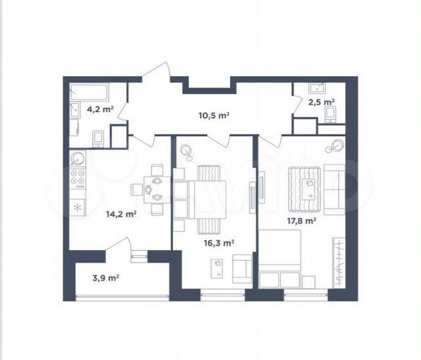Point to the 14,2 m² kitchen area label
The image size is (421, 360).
pos(121,214)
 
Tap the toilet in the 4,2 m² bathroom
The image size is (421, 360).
pos(97,138)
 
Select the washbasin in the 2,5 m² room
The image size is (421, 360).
pos(313,87)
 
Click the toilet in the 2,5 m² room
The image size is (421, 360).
pos(330,115)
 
